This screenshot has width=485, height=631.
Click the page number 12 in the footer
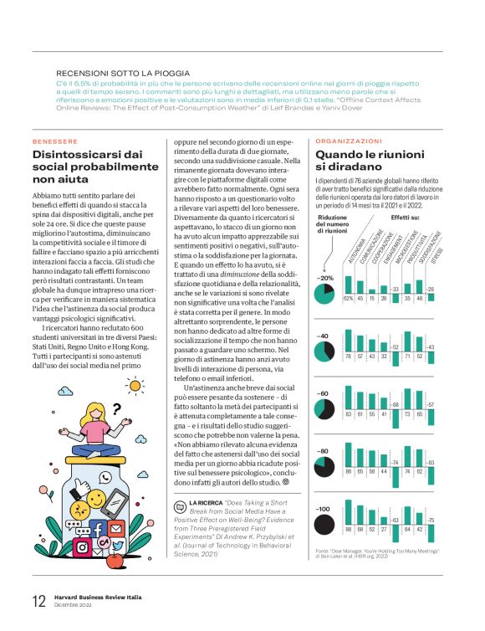tap(38, 601)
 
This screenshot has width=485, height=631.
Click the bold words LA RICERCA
tap(204, 501)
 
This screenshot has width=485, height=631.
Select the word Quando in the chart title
tap(339, 156)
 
